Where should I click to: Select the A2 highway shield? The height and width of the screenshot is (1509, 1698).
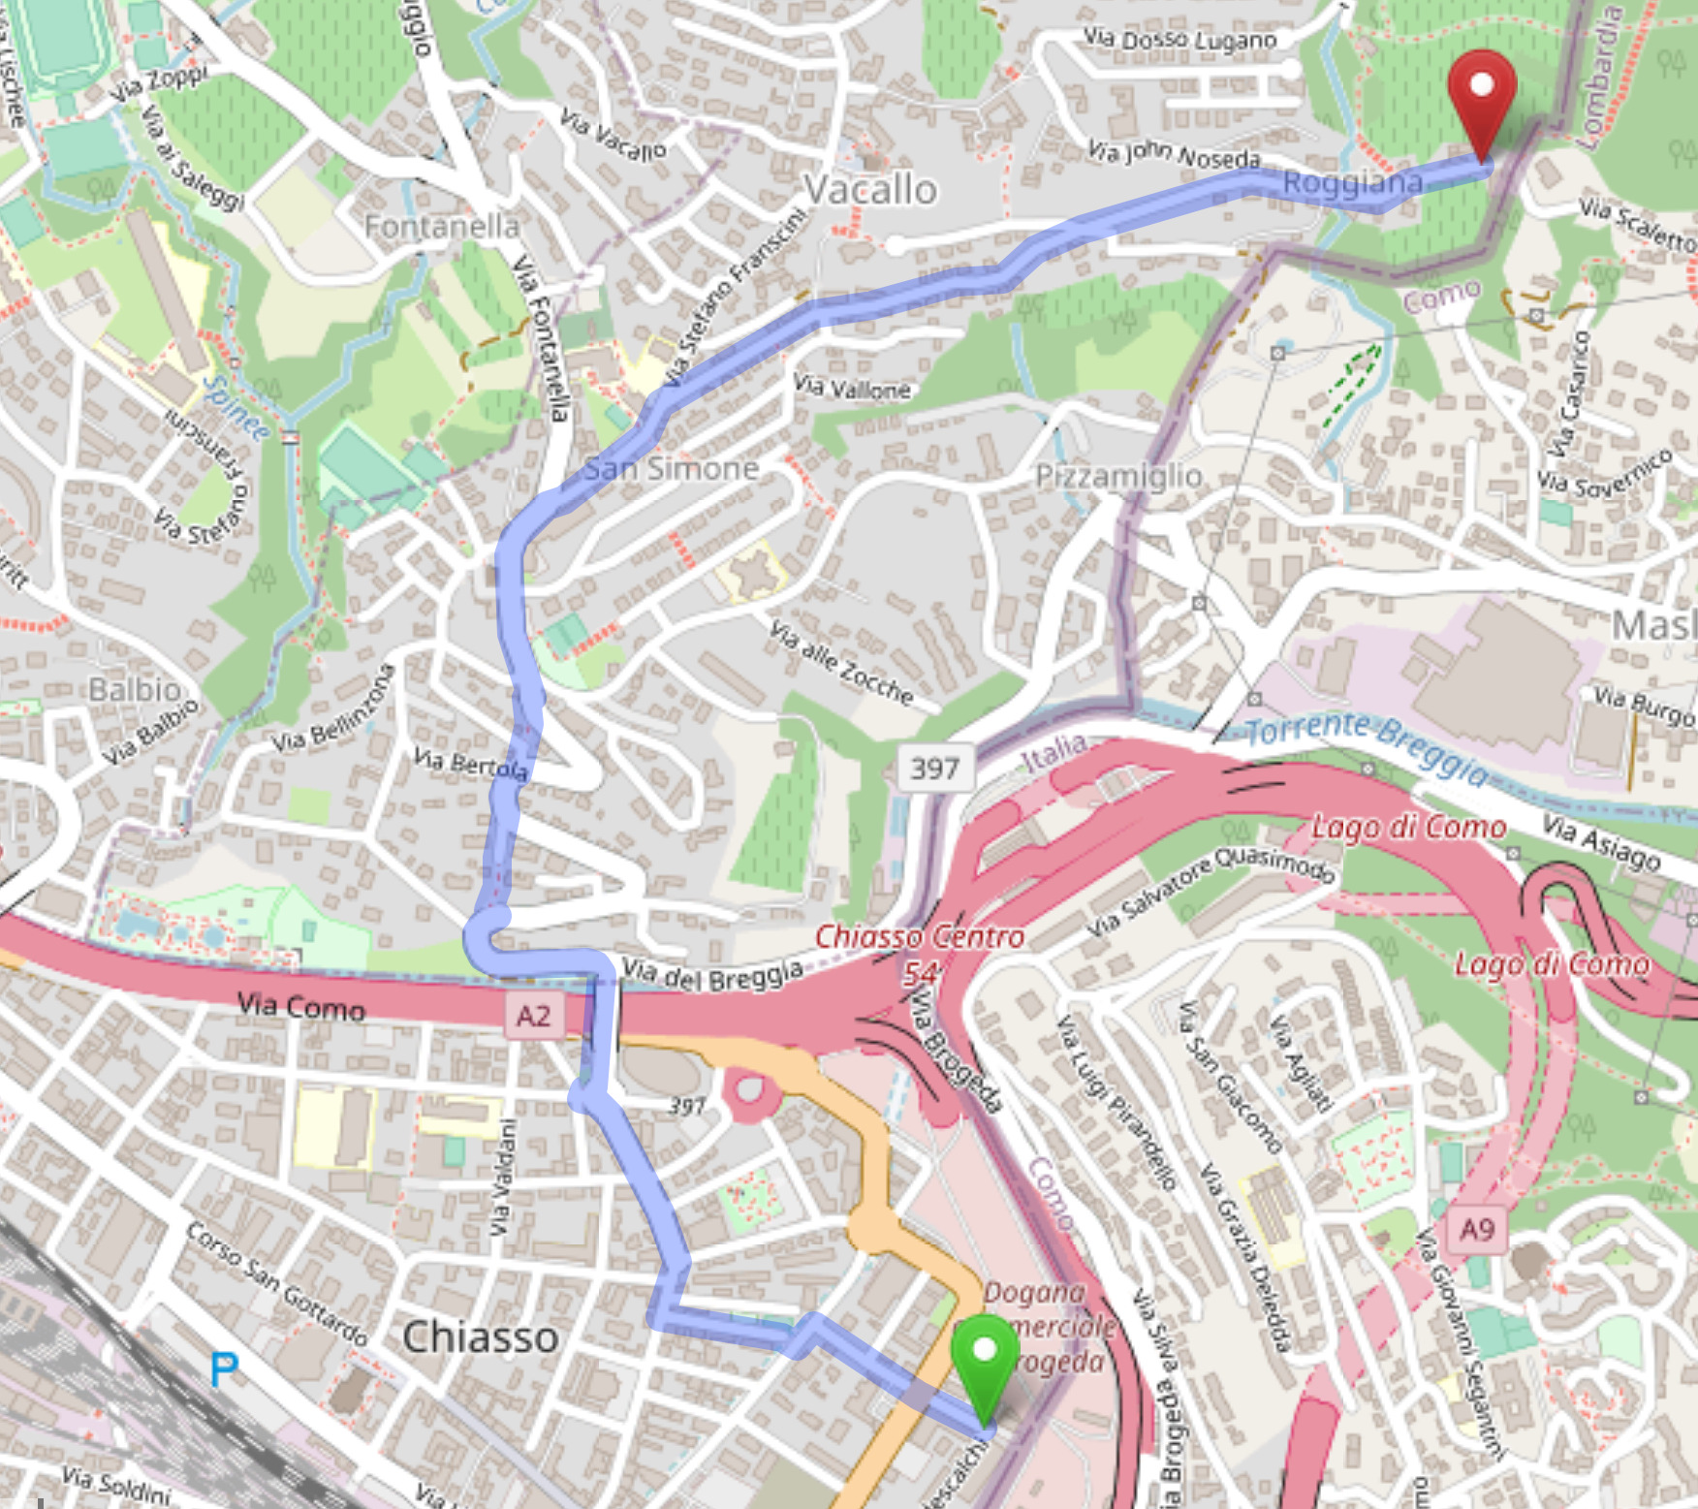pyautogui.click(x=533, y=1016)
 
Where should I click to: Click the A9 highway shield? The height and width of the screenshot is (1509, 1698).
pyautogui.click(x=1476, y=1230)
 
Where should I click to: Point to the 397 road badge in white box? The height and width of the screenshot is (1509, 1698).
pyautogui.click(x=934, y=769)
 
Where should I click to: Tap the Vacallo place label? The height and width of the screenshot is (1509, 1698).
pyautogui.click(x=870, y=190)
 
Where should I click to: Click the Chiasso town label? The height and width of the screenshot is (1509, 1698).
pyautogui.click(x=481, y=1336)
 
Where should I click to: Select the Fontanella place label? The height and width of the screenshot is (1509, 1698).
pyautogui.click(x=442, y=227)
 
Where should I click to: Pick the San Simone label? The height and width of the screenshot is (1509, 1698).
pyautogui.click(x=671, y=469)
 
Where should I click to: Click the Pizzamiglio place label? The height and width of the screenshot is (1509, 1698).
pyautogui.click(x=1118, y=476)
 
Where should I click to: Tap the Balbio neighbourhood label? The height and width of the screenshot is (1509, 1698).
pyautogui.click(x=135, y=689)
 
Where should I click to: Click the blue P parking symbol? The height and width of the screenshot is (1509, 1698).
pyautogui.click(x=224, y=1369)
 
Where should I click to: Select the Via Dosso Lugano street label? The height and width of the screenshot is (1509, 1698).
pyautogui.click(x=1179, y=40)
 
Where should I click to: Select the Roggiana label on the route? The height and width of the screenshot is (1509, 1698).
pyautogui.click(x=1352, y=182)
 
